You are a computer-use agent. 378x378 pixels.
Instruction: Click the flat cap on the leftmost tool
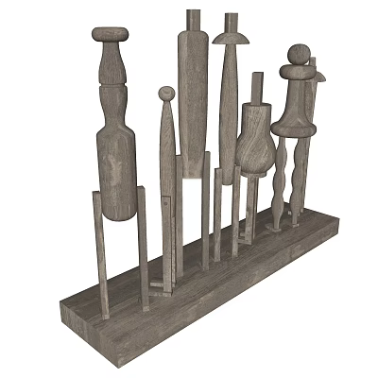pyautogui.click(x=111, y=35)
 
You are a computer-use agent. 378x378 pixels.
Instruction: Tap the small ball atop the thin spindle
pyautogui.click(x=166, y=94)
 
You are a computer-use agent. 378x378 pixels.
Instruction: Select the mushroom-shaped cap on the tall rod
pyautogui.click(x=231, y=37)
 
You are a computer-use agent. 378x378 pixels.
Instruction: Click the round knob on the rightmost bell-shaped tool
pyautogui.click(x=299, y=53)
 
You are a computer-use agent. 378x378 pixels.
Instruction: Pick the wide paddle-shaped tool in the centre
pyautogui.click(x=194, y=94)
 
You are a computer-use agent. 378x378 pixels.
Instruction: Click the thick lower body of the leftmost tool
pyautogui.click(x=119, y=170)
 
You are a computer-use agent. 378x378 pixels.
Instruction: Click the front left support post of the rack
pyautogui.click(x=100, y=255)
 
